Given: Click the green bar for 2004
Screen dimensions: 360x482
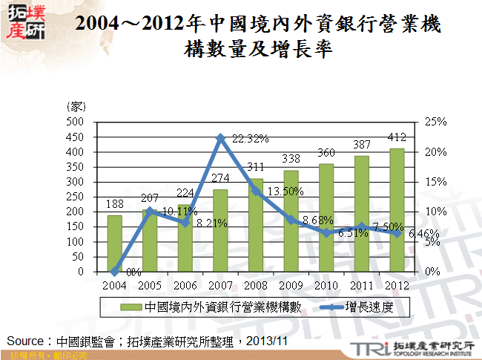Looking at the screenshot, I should click(x=114, y=243).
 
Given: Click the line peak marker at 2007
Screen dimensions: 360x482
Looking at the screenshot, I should click(x=220, y=137).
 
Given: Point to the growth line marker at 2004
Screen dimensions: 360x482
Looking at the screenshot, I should click(x=114, y=271).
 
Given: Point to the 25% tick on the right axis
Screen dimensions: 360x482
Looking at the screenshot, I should click(x=436, y=122).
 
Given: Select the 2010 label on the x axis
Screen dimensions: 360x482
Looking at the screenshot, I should click(x=326, y=285).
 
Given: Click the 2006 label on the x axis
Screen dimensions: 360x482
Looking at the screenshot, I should click(x=185, y=285).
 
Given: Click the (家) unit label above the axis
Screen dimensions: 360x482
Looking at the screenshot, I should click(x=76, y=108).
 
